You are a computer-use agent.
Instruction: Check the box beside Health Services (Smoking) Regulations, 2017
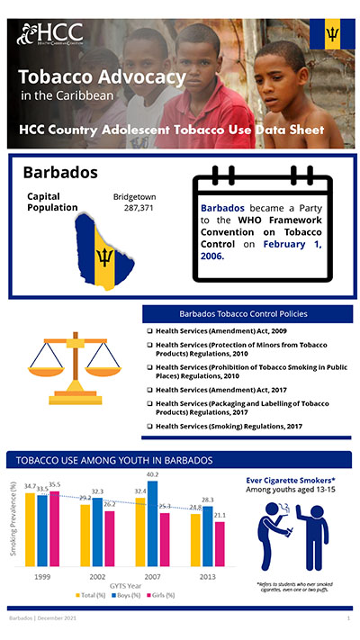coord(150,425)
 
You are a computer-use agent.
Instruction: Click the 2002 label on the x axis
coord(98,573)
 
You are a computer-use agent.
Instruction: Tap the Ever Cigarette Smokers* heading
coord(285,480)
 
